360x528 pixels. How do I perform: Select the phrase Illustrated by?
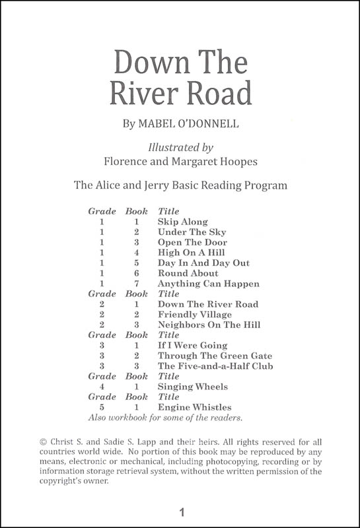[x=179, y=145]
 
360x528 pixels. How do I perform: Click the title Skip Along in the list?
[x=182, y=222]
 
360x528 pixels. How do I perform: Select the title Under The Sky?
[x=192, y=232]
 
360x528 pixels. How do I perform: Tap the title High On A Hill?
[x=192, y=253]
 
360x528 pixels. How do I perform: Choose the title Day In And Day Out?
[x=203, y=263]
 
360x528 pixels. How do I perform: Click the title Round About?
[x=188, y=273]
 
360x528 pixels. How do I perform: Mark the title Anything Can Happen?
[x=208, y=284]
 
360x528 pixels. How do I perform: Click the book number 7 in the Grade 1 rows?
[x=136, y=284]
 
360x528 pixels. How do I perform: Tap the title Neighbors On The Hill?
[x=209, y=325]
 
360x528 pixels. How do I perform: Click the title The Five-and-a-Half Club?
[x=215, y=366]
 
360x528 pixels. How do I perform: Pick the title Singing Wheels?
[x=193, y=387]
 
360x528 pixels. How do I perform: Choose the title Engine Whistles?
[x=194, y=407]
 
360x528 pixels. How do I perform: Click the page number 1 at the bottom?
[x=180, y=512]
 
